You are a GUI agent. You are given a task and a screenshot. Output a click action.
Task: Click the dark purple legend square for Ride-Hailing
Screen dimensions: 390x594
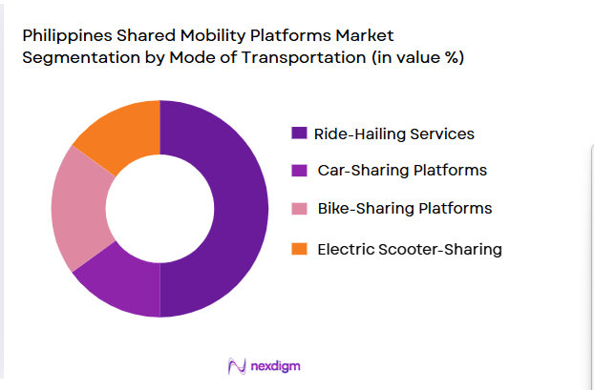(x=299, y=133)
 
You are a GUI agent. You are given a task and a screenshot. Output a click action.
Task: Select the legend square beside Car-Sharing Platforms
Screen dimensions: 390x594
(x=299, y=171)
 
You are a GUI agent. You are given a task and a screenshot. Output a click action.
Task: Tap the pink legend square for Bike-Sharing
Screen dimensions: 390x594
(x=299, y=208)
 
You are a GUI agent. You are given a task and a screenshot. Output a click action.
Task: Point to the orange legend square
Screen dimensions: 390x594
(x=299, y=249)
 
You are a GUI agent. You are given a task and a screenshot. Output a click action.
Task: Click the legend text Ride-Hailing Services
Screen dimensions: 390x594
(x=395, y=133)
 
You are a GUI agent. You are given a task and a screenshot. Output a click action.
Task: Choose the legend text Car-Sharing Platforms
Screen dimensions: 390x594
(x=402, y=171)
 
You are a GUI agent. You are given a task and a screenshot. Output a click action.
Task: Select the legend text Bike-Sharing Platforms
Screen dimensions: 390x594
(x=405, y=208)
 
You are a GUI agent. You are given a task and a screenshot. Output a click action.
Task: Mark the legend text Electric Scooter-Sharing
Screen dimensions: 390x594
(x=410, y=249)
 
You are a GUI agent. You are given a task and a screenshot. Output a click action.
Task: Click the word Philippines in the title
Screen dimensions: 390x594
(x=63, y=35)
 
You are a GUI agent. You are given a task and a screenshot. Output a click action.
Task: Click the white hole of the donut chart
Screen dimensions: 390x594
(x=159, y=208)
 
